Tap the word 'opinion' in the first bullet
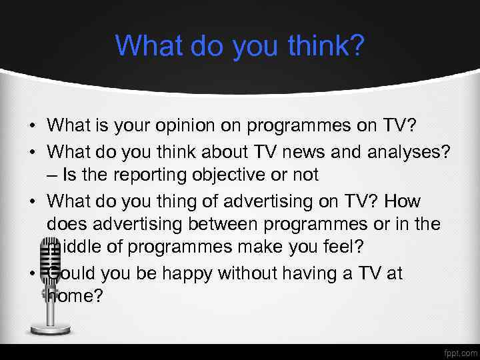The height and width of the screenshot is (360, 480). (189, 125)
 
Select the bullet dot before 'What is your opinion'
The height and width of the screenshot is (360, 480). (31, 126)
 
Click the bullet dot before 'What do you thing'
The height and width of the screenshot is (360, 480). (31, 200)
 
